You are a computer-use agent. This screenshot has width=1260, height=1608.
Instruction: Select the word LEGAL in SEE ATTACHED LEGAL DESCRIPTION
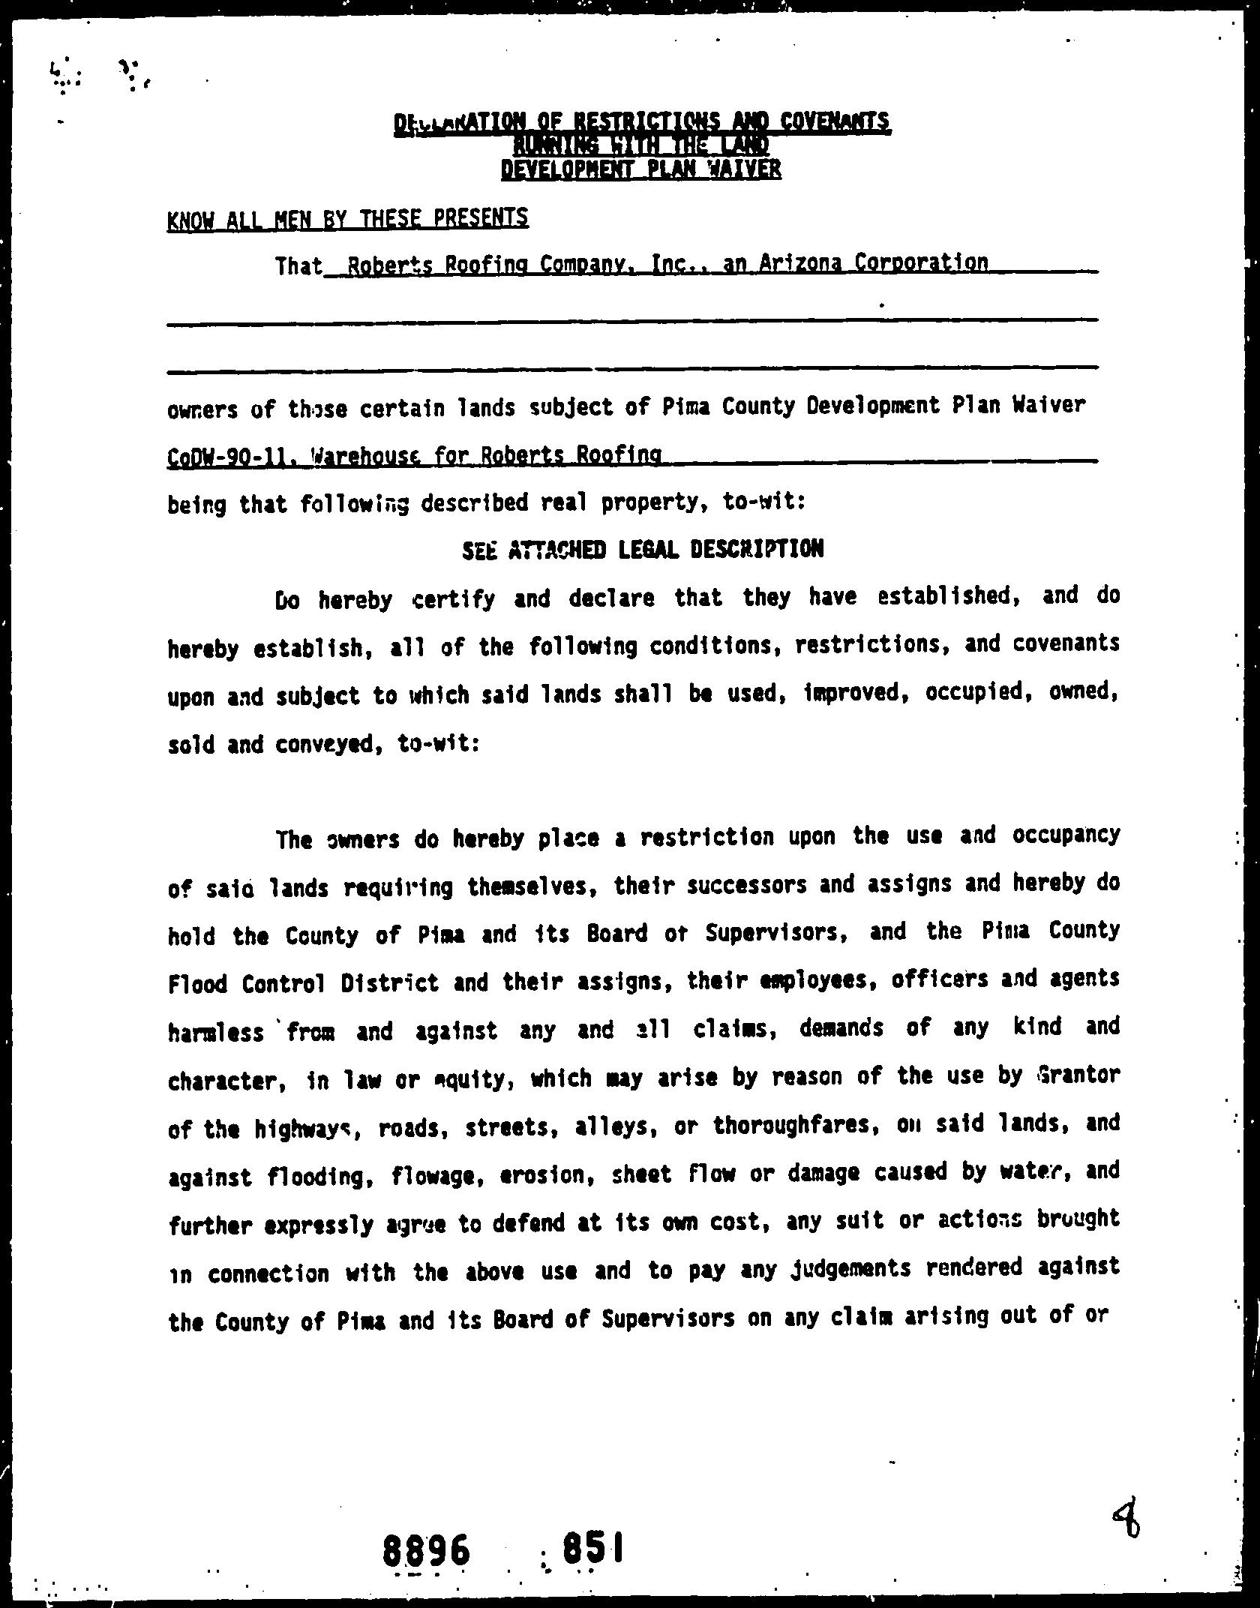pyautogui.click(x=650, y=550)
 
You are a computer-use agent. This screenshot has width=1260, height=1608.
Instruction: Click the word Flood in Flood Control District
pyautogui.click(x=198, y=983)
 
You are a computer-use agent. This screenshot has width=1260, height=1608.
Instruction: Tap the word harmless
pyautogui.click(x=216, y=1032)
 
